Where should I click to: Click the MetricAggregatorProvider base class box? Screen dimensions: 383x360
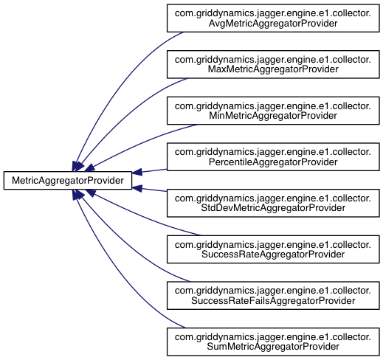pyautogui.click(x=68, y=181)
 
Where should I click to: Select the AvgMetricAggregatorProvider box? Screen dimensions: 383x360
pyautogui.click(x=273, y=18)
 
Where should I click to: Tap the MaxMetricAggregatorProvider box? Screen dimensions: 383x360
pyautogui.click(x=273, y=64)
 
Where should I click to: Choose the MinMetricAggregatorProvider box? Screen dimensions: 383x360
pyautogui.click(x=273, y=111)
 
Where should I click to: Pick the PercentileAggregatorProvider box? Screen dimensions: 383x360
pyautogui.click(x=273, y=157)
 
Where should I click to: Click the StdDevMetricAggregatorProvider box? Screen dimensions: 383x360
pyautogui.click(x=273, y=203)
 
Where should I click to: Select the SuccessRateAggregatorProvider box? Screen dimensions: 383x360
pyautogui.click(x=273, y=249)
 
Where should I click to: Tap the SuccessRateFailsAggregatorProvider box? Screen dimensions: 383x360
pyautogui.click(x=273, y=296)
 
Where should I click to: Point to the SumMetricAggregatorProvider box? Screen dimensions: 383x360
pyautogui.click(x=273, y=342)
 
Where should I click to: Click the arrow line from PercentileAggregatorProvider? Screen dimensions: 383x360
pyautogui.click(x=154, y=170)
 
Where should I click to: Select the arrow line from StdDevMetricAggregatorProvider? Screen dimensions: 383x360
pyautogui.click(x=154, y=190)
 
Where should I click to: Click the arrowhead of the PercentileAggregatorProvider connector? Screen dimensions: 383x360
pyautogui.click(x=137, y=172)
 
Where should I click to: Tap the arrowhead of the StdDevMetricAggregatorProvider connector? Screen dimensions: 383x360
pyautogui.click(x=137, y=188)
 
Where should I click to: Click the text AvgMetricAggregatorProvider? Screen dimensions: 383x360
pyautogui.click(x=273, y=24)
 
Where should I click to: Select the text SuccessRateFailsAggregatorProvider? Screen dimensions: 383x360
pyautogui.click(x=273, y=301)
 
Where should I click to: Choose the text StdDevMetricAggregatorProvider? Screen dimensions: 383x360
pyautogui.click(x=273, y=208)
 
